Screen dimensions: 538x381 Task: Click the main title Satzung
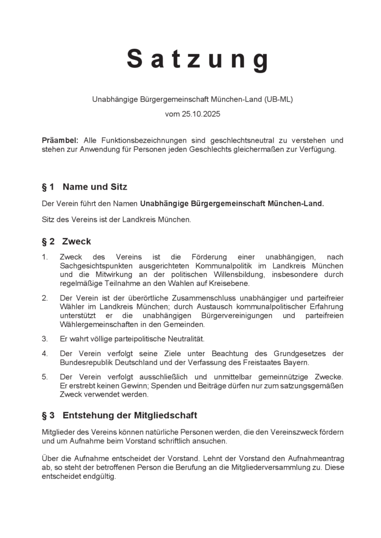pyautogui.click(x=197, y=59)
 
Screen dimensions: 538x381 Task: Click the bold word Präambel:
pyautogui.click(x=60, y=140)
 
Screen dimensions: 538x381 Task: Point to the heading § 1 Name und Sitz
pyautogui.click(x=84, y=187)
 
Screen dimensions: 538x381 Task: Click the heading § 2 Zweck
pyautogui.click(x=66, y=242)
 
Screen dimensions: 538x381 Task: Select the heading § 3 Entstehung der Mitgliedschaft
pyautogui.click(x=119, y=416)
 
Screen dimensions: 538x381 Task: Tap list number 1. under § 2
pyautogui.click(x=45, y=257)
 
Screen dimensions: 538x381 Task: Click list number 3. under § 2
pyautogui.click(x=45, y=339)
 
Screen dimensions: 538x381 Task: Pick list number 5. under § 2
pyautogui.click(x=45, y=377)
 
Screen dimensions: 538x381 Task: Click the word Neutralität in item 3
pyautogui.click(x=184, y=339)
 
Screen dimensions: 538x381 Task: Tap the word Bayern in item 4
pyautogui.click(x=297, y=363)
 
